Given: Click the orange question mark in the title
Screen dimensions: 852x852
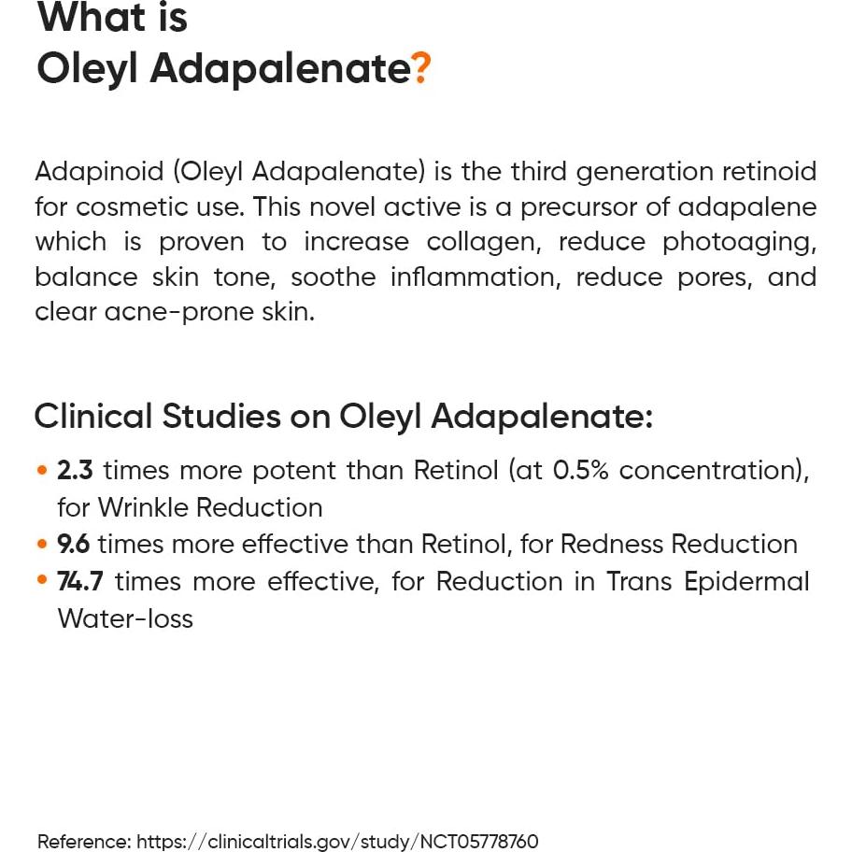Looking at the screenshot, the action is [421, 68].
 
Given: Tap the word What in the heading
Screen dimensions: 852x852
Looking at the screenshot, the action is [91, 17].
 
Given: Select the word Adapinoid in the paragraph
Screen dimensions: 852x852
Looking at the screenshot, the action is [99, 172].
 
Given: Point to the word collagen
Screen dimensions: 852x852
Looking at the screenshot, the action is [484, 243].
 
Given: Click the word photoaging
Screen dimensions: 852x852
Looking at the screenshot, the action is [739, 243].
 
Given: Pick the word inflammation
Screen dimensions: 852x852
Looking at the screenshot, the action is [476, 277].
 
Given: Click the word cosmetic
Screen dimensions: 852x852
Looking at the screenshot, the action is [132, 207].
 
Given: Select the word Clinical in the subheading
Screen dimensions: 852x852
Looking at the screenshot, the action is [92, 417].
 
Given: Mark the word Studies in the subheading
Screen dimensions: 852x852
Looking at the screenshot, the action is [221, 417].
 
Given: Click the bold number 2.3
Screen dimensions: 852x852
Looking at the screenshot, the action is [75, 470].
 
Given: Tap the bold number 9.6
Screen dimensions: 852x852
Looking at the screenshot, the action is [74, 544].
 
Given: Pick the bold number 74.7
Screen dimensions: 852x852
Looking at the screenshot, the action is [80, 581].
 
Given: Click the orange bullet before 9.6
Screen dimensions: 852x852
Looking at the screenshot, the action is [42, 544].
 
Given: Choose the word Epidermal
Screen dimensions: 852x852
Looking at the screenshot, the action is [746, 582].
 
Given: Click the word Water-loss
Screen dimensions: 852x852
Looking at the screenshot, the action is [125, 618].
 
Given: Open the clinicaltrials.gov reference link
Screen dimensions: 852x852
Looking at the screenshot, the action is [337, 841].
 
